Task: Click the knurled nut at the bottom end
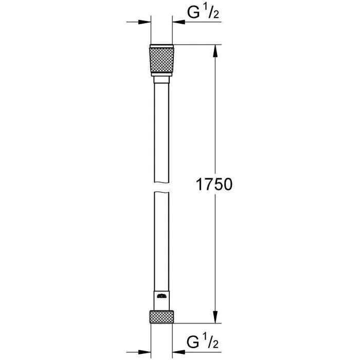point(162,316)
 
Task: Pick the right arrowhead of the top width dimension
point(179,22)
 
